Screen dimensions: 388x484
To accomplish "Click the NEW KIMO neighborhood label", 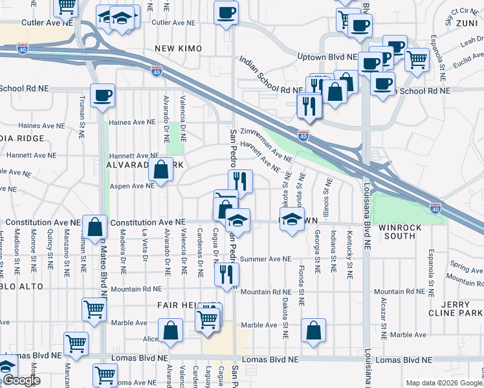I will point(178,49).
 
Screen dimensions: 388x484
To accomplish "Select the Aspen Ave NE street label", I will point(132,185).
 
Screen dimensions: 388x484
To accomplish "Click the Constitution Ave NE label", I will point(148,222).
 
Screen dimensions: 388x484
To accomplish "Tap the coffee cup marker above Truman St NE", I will point(102,96).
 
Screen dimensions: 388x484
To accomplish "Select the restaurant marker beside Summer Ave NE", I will point(226,273).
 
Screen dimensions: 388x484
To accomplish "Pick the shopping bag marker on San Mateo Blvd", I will point(94,227).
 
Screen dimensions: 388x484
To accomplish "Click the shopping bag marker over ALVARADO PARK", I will point(161,170).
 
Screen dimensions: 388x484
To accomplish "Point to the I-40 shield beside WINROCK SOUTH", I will point(435,208).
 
